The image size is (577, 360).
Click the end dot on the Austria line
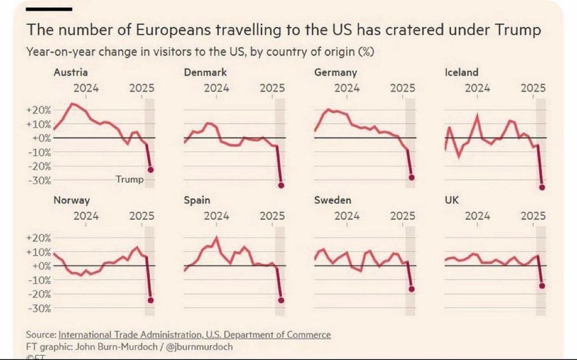point(151,170)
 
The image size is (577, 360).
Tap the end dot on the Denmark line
point(281,185)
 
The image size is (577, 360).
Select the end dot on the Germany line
point(412,178)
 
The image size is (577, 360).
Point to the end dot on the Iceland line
point(542,187)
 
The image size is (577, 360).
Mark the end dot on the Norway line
point(151,300)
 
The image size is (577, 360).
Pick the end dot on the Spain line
point(281,300)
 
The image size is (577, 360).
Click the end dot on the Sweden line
point(412,289)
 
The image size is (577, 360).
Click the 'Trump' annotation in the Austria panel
point(129,179)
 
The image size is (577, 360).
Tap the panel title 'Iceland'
point(462,72)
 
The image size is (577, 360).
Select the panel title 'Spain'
point(196,200)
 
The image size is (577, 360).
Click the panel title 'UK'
point(452,200)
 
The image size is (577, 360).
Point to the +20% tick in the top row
point(40,110)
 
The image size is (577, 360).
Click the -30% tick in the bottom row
point(40,308)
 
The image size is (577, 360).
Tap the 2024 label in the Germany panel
point(347,88)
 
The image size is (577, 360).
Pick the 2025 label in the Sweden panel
point(403,216)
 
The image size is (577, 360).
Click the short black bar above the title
point(49,9)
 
